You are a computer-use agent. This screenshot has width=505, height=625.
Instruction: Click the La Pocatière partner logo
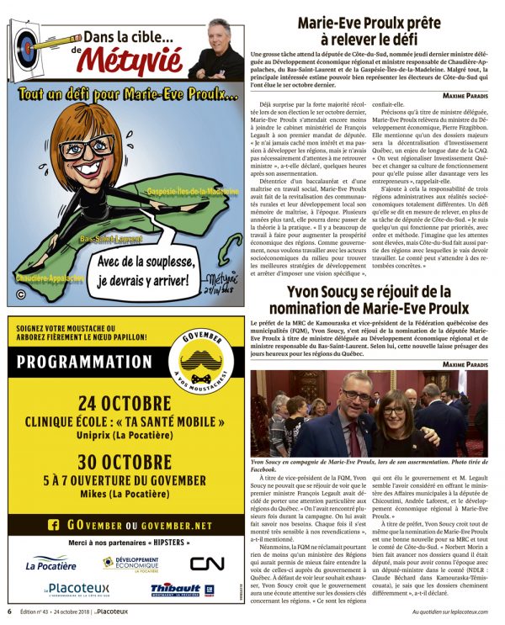point(50,563)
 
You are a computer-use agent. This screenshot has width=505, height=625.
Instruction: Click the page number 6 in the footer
point(9,612)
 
